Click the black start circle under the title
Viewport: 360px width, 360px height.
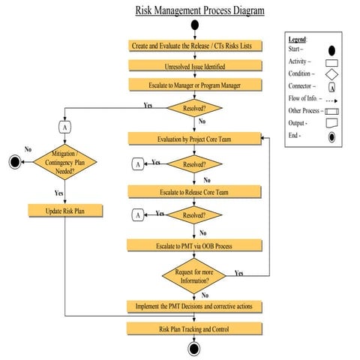[x=195, y=26]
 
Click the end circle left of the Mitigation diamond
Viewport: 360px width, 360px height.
[x=13, y=161]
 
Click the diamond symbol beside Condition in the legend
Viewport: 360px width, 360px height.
[x=332, y=74]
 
